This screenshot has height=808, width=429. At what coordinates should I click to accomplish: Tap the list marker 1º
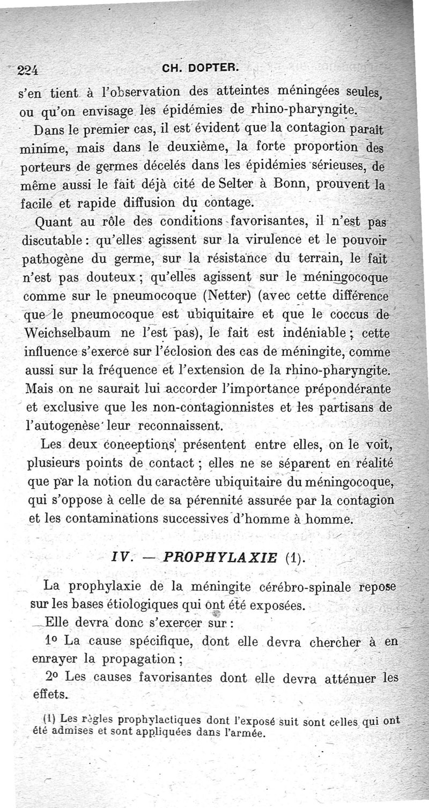point(53,640)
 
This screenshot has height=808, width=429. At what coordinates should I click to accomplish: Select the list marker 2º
point(53,677)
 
